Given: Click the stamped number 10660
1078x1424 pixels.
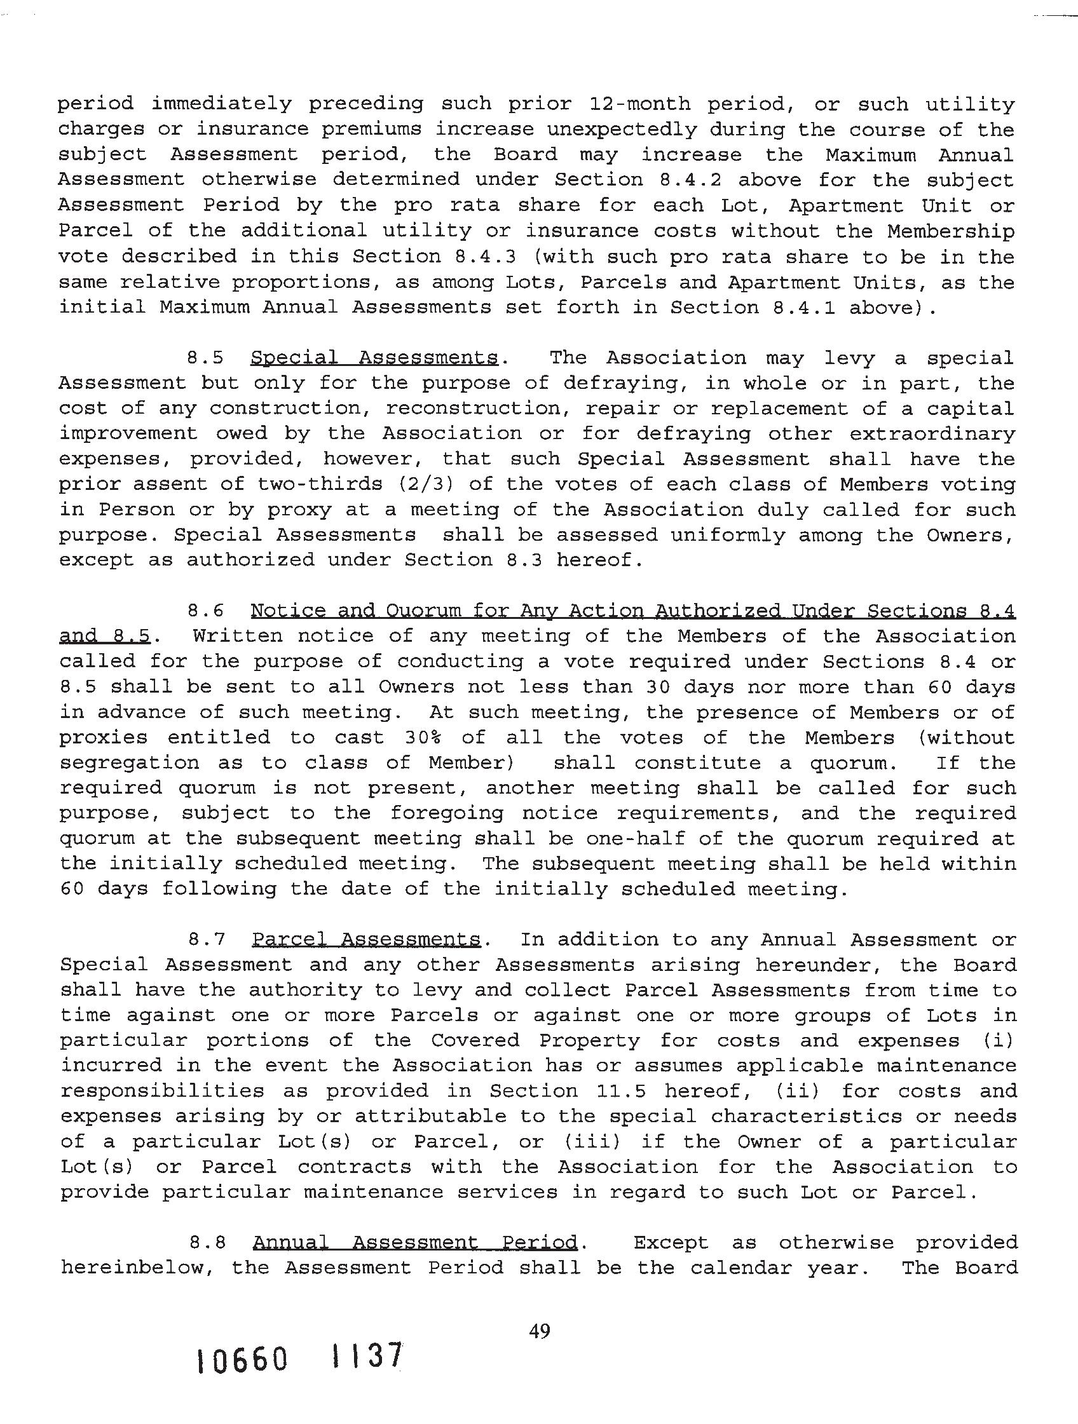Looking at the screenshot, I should click(242, 1362).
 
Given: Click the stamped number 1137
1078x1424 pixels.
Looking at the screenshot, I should click(364, 1357).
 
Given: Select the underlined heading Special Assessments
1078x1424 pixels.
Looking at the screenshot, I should click(374, 358).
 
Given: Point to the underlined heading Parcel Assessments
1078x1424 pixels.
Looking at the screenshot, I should click(365, 940).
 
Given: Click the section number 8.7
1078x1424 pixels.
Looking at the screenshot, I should click(206, 940).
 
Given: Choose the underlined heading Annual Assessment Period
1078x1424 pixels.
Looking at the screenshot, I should click(415, 1243).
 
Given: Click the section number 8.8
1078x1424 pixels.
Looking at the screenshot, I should click(207, 1243).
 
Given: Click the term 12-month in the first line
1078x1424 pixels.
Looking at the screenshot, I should click(640, 104).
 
